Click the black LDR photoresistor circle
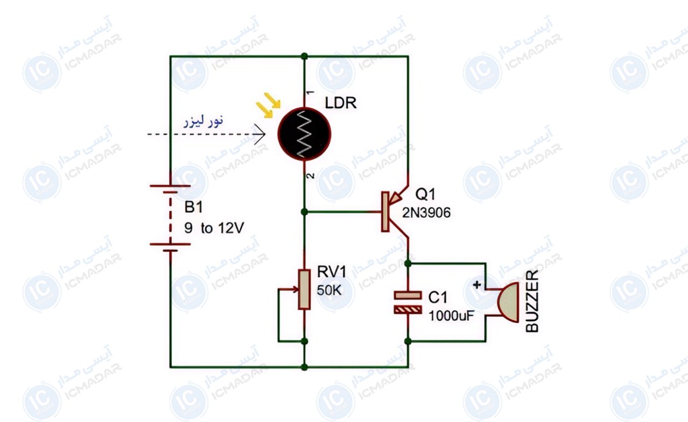304,134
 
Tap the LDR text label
341,103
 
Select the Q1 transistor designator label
425,194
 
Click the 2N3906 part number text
426,213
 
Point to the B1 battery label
193,207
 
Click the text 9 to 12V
214,228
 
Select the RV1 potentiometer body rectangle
304,290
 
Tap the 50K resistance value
329,290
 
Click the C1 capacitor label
438,298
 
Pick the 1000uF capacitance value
451,316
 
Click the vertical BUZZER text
532,301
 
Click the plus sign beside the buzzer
477,285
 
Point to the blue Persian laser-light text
204,121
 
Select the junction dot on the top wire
304,56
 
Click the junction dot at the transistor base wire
304,212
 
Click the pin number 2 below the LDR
311,176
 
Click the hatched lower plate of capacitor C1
407,310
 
